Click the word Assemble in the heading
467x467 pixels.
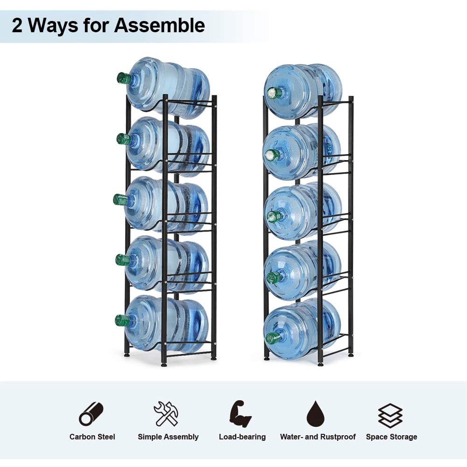click(159, 25)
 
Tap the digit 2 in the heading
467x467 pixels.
click(17, 25)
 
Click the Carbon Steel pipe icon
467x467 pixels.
click(91, 414)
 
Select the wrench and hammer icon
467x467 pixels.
click(166, 414)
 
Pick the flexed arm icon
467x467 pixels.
click(241, 414)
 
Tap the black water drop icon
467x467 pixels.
click(317, 414)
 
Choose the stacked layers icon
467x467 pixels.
click(390, 415)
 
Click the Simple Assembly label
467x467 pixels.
click(168, 437)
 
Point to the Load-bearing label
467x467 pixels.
click(242, 437)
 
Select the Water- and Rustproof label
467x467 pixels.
click(318, 437)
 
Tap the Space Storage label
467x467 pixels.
click(391, 437)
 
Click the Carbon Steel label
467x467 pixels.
click(92, 437)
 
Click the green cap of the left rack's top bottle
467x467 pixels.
click(124, 78)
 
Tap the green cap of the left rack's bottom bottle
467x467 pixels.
click(122, 320)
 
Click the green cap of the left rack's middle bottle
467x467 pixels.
click(120, 199)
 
